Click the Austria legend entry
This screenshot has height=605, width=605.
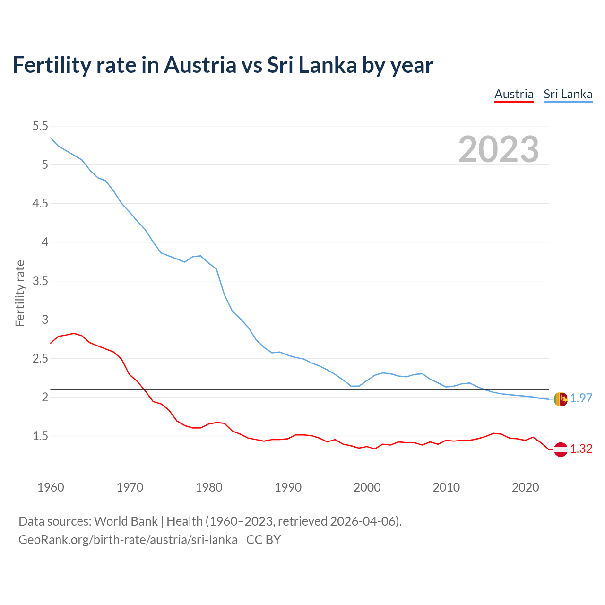pyautogui.click(x=514, y=94)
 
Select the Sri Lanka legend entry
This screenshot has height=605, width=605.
pyautogui.click(x=568, y=94)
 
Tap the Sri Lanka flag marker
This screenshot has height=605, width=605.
pyautogui.click(x=560, y=399)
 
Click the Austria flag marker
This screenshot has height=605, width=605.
pyautogui.click(x=560, y=449)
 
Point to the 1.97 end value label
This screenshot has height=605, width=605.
pyautogui.click(x=581, y=398)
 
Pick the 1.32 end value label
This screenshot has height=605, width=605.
pyautogui.click(x=581, y=449)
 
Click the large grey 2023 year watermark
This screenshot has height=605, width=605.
pyautogui.click(x=498, y=149)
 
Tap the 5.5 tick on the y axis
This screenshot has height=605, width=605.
pyautogui.click(x=40, y=126)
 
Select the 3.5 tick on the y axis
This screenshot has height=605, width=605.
pyautogui.click(x=40, y=281)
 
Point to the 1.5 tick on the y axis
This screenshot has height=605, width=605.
pyautogui.click(x=40, y=436)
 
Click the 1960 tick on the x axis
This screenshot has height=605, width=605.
pyautogui.click(x=51, y=487)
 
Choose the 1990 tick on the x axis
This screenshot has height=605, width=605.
pyautogui.click(x=288, y=487)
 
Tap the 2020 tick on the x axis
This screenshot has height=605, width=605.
pyautogui.click(x=525, y=487)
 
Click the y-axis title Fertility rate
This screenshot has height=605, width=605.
pyautogui.click(x=20, y=293)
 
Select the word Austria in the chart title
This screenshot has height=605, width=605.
pyautogui.click(x=200, y=65)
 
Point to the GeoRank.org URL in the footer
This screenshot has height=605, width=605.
pyautogui.click(x=128, y=540)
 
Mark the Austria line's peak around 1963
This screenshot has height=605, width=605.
pyautogui.click(x=74, y=333)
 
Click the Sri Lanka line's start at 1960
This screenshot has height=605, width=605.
pyautogui.click(x=51, y=138)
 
